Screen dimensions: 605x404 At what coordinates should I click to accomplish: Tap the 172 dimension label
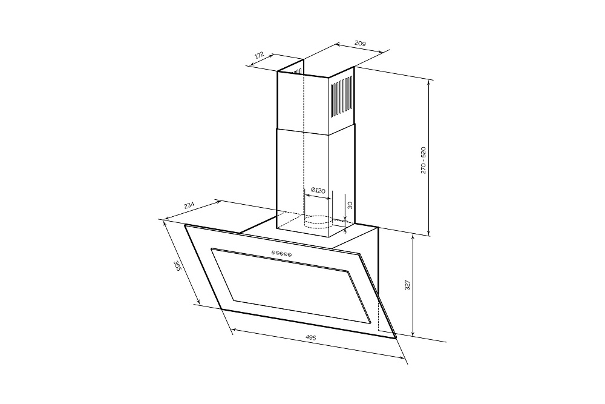pos(259,55)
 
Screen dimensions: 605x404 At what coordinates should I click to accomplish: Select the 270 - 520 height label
pos(423,160)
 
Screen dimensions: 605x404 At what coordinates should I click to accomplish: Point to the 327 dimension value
pos(408,285)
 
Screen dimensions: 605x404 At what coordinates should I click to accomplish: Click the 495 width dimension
pos(310,337)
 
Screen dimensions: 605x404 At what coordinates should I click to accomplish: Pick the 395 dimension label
pos(177,266)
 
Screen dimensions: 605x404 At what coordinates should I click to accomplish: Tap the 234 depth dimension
pos(189,205)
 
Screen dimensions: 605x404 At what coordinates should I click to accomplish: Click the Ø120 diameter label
pos(318,190)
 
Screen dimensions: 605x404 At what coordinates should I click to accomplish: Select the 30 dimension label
pos(350,205)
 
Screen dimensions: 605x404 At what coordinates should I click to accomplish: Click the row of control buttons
pos(281,253)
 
